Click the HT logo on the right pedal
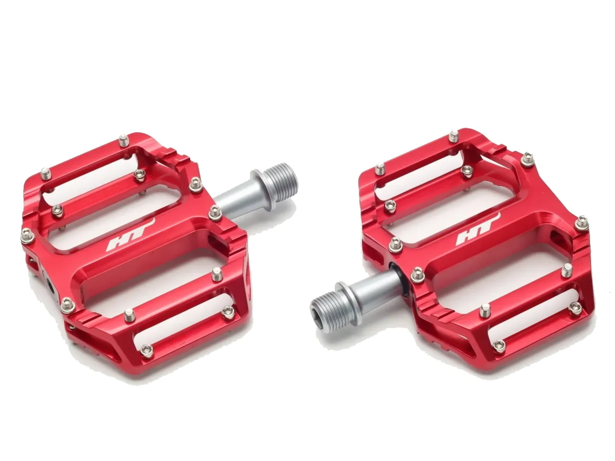(479, 230)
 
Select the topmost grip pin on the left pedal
(123, 140)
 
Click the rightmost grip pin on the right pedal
(582, 222)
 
